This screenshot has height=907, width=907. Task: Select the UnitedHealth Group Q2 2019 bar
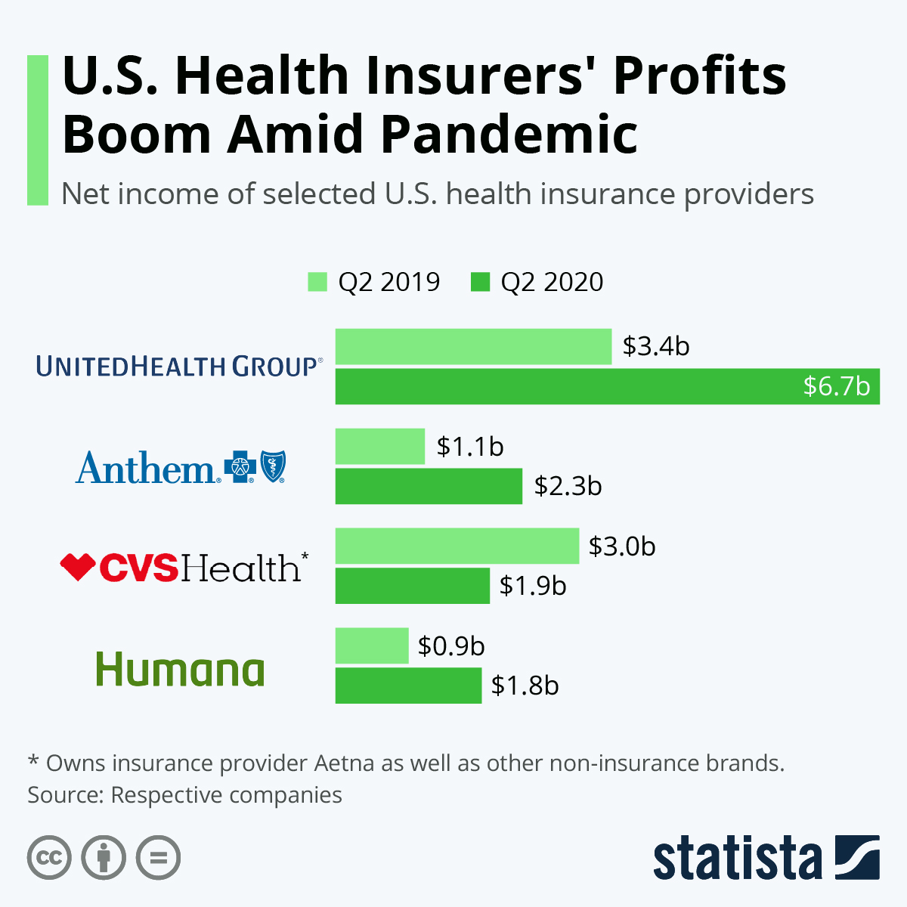tap(473, 347)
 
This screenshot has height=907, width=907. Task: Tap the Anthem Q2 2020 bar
tap(429, 486)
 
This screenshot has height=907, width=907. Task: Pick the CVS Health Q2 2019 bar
tap(457, 546)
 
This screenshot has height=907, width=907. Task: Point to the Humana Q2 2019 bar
tap(372, 645)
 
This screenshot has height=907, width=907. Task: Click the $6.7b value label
tap(836, 386)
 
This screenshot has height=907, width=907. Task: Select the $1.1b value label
tap(470, 447)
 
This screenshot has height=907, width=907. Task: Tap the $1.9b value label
tap(533, 586)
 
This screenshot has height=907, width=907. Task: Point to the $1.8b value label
tap(525, 686)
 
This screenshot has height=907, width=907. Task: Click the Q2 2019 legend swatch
tap(317, 282)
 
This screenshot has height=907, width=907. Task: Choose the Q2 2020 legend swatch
tap(481, 282)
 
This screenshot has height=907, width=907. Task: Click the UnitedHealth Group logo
tap(179, 367)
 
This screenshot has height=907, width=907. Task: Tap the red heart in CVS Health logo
tap(77, 566)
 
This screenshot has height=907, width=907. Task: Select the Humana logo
tap(180, 670)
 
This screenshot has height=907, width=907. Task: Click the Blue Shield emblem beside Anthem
tap(273, 466)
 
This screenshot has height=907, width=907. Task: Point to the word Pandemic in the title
tap(509, 135)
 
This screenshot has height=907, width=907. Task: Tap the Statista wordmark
tap(737, 859)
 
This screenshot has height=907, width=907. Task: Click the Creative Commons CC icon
tap(50, 858)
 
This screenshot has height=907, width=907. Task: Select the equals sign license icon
tap(159, 858)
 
